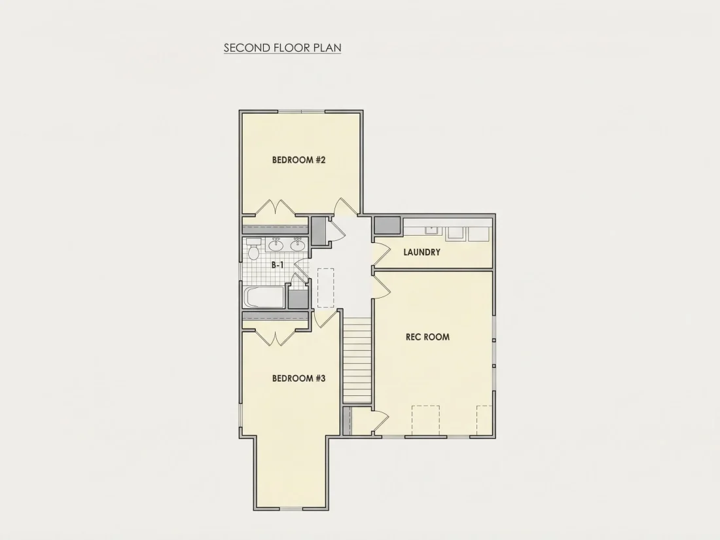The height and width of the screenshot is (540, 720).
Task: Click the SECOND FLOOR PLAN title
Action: [x=282, y=48]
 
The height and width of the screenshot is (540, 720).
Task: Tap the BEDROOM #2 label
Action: [x=299, y=160]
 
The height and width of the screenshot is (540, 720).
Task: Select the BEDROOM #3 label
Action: [x=299, y=378]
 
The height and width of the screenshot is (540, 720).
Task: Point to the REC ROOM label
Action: [x=427, y=336]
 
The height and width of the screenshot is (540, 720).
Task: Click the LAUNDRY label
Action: [x=422, y=252]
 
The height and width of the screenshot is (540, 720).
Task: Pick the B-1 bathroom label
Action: [x=278, y=265]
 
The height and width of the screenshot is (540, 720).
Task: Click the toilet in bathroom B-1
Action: [x=253, y=249]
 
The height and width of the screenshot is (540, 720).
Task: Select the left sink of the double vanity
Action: [x=276, y=245]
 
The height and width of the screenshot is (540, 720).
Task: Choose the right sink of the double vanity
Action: [x=298, y=245]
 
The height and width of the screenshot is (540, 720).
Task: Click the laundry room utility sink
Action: [x=431, y=230]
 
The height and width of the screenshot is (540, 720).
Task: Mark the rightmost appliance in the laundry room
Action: [x=479, y=234]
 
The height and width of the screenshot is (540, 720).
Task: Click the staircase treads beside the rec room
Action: [x=357, y=363]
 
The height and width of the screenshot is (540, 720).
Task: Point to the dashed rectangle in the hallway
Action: [x=326, y=288]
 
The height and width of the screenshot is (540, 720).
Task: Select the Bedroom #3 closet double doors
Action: [x=275, y=338]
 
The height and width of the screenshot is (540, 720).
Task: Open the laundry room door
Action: [x=382, y=254]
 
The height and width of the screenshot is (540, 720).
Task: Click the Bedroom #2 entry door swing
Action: [x=346, y=206]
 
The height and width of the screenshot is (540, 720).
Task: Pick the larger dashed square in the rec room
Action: [x=425, y=420]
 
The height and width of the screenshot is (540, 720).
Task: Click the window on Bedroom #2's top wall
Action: [x=301, y=111]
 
